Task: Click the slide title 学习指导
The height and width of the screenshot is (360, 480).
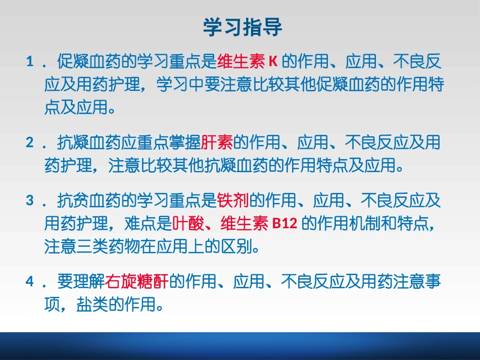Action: pyautogui.click(x=243, y=27)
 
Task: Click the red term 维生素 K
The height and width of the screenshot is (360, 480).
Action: pyautogui.click(x=248, y=63)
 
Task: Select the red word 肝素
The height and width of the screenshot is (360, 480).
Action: pyautogui.click(x=217, y=143)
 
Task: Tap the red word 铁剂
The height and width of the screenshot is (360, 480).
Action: pyautogui.click(x=233, y=201)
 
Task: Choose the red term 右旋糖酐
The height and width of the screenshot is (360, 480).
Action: pyautogui.click(x=138, y=282)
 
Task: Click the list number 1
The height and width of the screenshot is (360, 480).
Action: pyautogui.click(x=30, y=63)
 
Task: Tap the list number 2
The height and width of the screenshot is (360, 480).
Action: pyautogui.click(x=30, y=143)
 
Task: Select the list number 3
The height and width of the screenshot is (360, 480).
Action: pyautogui.click(x=30, y=201)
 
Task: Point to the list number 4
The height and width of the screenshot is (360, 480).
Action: pyautogui.click(x=30, y=282)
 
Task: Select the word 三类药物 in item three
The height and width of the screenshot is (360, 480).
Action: pyautogui.click(x=109, y=246)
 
